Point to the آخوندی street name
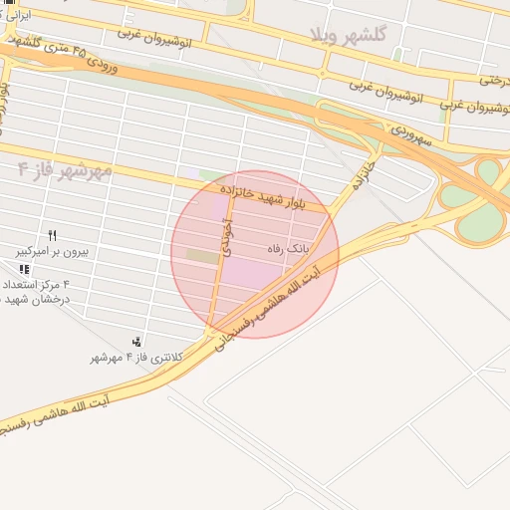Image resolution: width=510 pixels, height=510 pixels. coord(228,240)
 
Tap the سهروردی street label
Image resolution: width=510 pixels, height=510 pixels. coord(409,130)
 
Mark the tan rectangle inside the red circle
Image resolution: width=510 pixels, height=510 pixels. coord(203,257)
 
